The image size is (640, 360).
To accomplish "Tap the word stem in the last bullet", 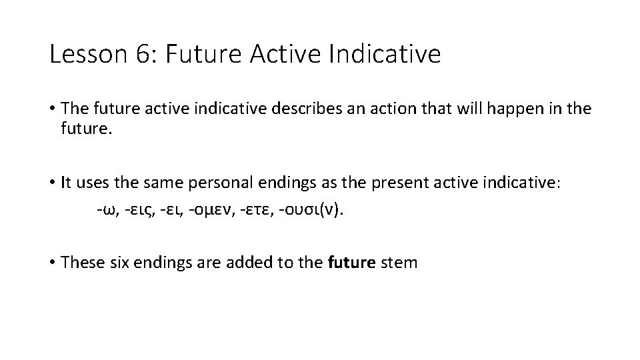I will [x=398, y=262].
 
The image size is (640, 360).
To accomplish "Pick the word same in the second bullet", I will [x=159, y=183].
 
